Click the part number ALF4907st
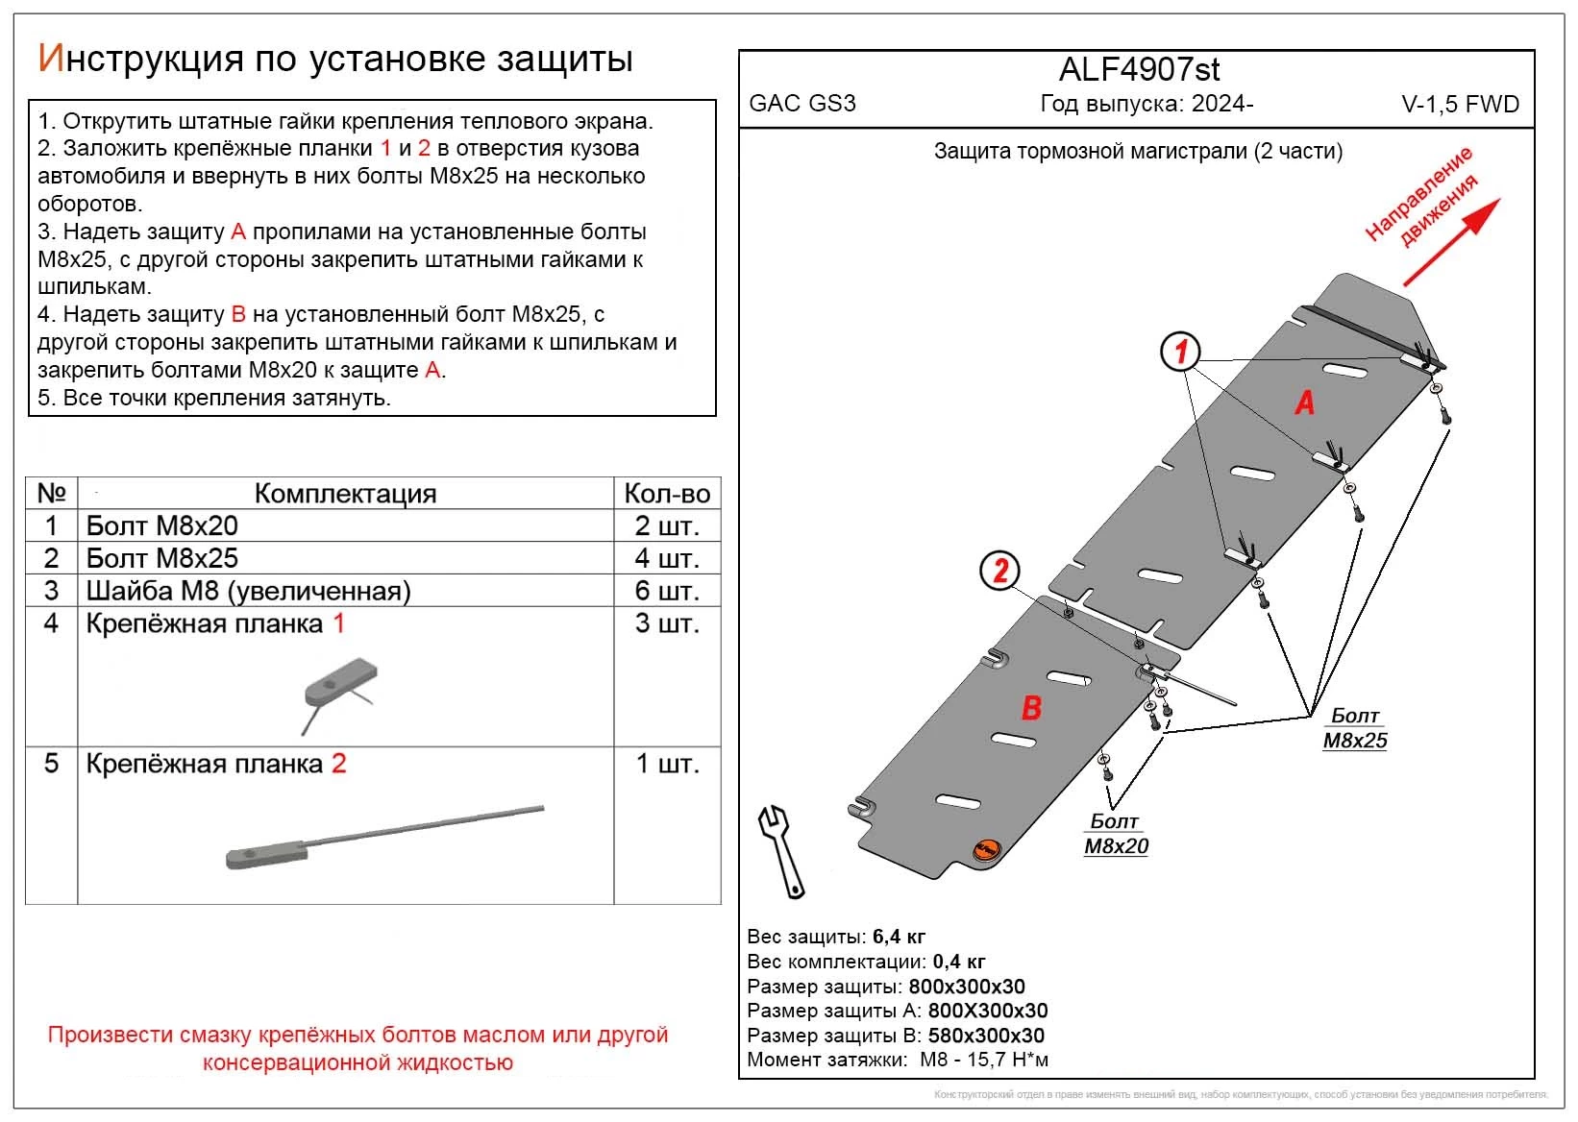point(1140,70)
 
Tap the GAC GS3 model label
point(801,104)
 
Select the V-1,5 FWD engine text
point(1460,105)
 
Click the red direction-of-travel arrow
point(1451,243)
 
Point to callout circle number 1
point(1180,352)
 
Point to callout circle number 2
point(999,572)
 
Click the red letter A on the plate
point(1304,402)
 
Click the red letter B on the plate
point(1031,709)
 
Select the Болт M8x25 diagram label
point(1355,728)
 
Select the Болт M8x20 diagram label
point(1116,834)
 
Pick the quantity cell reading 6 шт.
point(666,591)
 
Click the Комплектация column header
point(345,494)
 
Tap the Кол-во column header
point(666,494)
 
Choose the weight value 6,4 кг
point(899,937)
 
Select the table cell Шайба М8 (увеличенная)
point(249,591)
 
